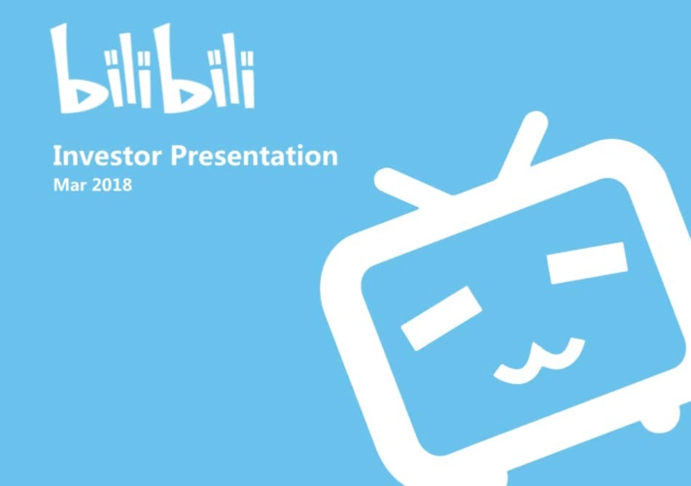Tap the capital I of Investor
55,156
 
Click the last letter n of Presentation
329,157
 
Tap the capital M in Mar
58,185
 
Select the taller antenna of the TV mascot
522,146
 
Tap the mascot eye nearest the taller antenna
587,260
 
